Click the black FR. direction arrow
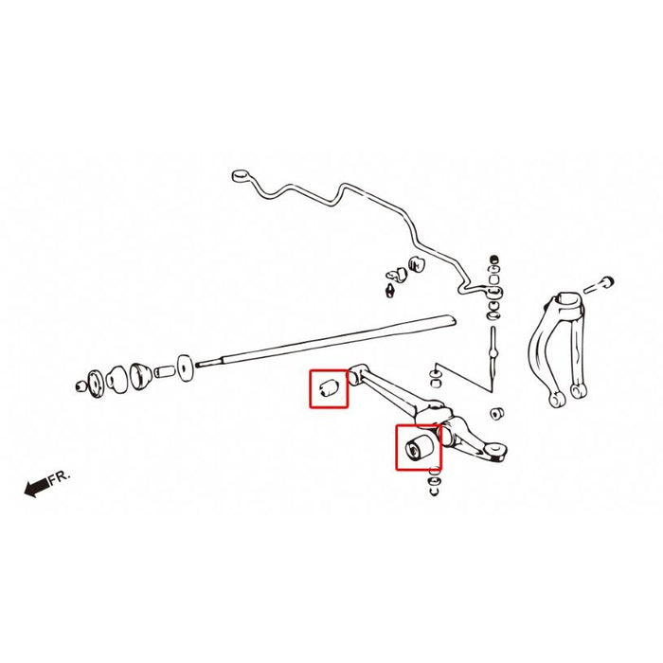pyautogui.click(x=37, y=488)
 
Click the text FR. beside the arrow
pyautogui.click(x=59, y=477)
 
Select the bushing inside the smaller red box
pyautogui.click(x=329, y=387)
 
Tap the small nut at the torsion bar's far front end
pyautogui.click(x=80, y=386)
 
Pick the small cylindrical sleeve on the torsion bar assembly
pyautogui.click(x=165, y=371)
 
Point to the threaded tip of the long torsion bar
pyautogui.click(x=208, y=362)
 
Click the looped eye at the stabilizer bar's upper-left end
pyautogui.click(x=241, y=175)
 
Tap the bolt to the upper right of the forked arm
pyautogui.click(x=600, y=285)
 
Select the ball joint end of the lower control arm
pyautogui.click(x=495, y=451)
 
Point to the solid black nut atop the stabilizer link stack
pyautogui.click(x=493, y=260)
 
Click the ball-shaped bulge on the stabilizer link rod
pyautogui.click(x=493, y=351)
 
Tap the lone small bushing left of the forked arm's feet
pyautogui.click(x=496, y=414)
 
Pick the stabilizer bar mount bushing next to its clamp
pyautogui.click(x=418, y=264)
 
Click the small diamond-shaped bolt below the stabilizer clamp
pyautogui.click(x=390, y=291)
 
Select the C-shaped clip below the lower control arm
pyautogui.click(x=434, y=491)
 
